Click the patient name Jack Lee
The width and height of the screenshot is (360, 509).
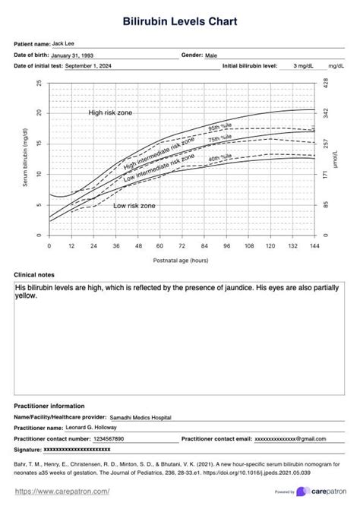tap(64, 44)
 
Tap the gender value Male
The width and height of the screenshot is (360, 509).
tap(212, 55)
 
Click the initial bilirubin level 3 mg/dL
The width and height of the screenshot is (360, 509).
tap(306, 67)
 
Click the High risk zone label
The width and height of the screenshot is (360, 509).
tap(110, 112)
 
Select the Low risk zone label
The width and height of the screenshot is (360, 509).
tap(134, 206)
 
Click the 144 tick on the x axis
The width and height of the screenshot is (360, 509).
tap(314, 246)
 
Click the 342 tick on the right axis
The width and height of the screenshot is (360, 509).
tap(325, 112)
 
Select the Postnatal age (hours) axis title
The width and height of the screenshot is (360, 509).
tap(181, 260)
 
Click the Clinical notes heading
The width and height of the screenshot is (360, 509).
tap(34, 274)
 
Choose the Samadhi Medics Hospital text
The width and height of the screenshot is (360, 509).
tap(141, 417)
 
